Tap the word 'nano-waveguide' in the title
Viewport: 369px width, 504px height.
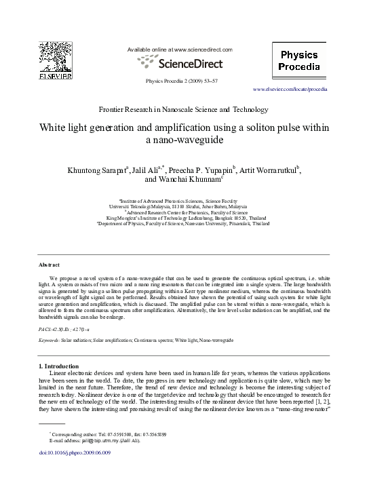(x=184, y=140)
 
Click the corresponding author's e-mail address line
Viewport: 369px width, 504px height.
(x=95, y=440)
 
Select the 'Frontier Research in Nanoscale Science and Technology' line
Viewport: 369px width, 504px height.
(x=183, y=109)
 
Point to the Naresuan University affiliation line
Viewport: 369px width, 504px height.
(x=184, y=222)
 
